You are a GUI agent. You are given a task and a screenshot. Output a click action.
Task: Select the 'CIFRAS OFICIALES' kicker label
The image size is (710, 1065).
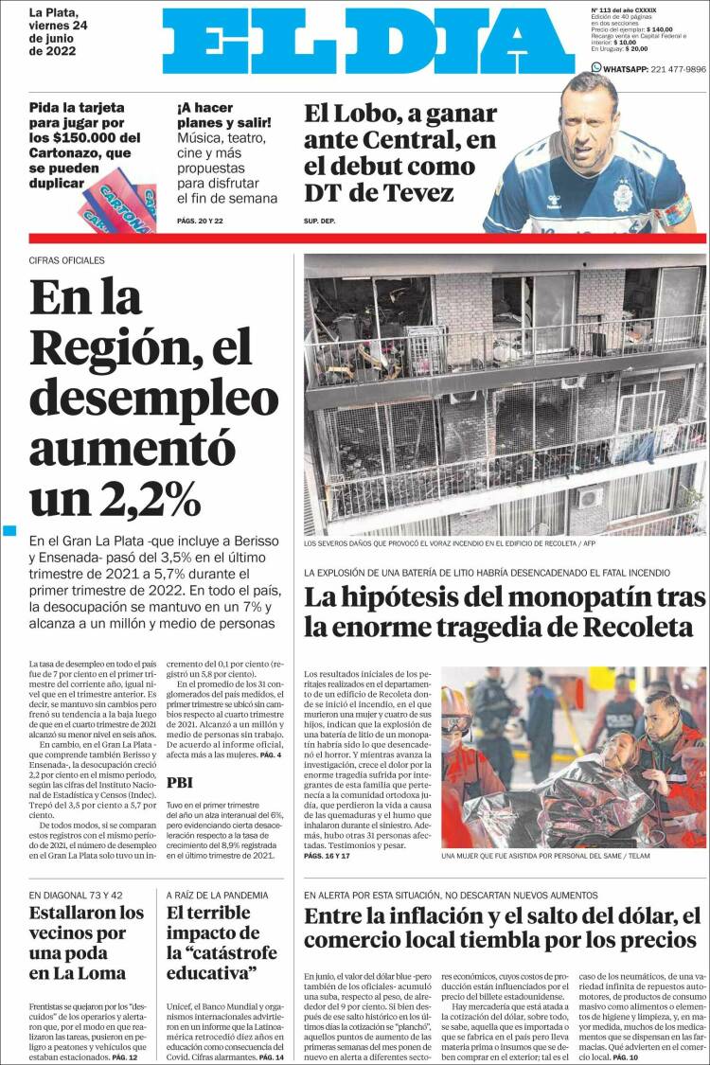tap(67, 260)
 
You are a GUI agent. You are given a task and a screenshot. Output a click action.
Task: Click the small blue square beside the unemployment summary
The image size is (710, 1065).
tap(9, 531)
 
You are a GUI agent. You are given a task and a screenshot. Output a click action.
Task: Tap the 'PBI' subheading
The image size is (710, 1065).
tap(180, 782)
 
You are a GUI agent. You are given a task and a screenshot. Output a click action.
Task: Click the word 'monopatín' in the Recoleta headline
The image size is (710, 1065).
tap(549, 597)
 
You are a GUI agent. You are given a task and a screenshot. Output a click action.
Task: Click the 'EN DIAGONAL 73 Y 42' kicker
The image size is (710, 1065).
tap(76, 895)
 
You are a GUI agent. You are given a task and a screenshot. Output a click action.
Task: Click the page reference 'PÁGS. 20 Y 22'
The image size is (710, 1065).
tap(200, 222)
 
